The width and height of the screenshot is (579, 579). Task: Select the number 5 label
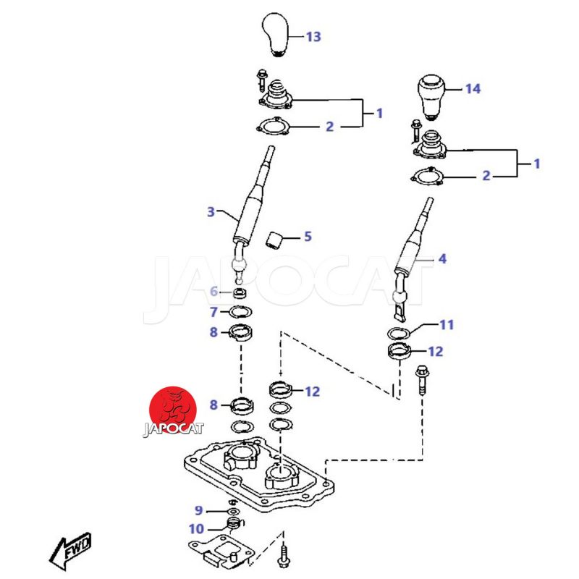pyautogui.click(x=308, y=236)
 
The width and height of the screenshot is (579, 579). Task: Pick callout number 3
pyautogui.click(x=211, y=212)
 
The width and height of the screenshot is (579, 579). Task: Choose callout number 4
pyautogui.click(x=443, y=258)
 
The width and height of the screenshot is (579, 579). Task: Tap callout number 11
pyautogui.click(x=447, y=325)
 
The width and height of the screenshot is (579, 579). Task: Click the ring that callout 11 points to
pyautogui.click(x=398, y=333)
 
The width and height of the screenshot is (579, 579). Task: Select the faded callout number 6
pyautogui.click(x=214, y=292)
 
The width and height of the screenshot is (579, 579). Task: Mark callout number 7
pyautogui.click(x=214, y=313)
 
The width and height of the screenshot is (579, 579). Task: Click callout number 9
pyautogui.click(x=199, y=511)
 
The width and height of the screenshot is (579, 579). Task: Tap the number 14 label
pyautogui.click(x=472, y=89)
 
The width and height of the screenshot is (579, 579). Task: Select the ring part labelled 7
pyautogui.click(x=240, y=312)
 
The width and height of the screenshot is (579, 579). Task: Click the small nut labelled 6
pyautogui.click(x=240, y=292)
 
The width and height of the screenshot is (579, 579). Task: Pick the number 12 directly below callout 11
pyautogui.click(x=436, y=352)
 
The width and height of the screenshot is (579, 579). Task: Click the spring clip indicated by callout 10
pyautogui.click(x=233, y=523)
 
